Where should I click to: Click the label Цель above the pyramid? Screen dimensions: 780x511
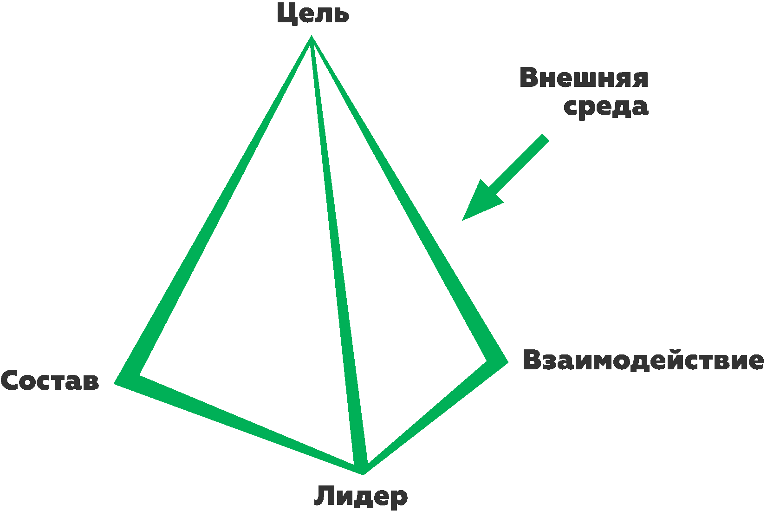click(312, 14)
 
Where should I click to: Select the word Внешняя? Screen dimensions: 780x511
click(584, 78)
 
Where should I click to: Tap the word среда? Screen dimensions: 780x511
click(605, 107)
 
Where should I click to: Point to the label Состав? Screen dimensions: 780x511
click(50, 381)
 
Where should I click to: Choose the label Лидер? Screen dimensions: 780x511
click(361, 496)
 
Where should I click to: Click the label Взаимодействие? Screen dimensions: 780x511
click(643, 360)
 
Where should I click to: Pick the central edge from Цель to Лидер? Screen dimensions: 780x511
click(338, 255)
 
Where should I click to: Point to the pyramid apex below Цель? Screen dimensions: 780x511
click(312, 39)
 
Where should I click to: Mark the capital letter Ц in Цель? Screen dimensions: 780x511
click(285, 14)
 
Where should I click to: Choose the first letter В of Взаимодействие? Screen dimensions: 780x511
click(532, 360)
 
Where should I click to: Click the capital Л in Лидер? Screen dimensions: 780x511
click(324, 496)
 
